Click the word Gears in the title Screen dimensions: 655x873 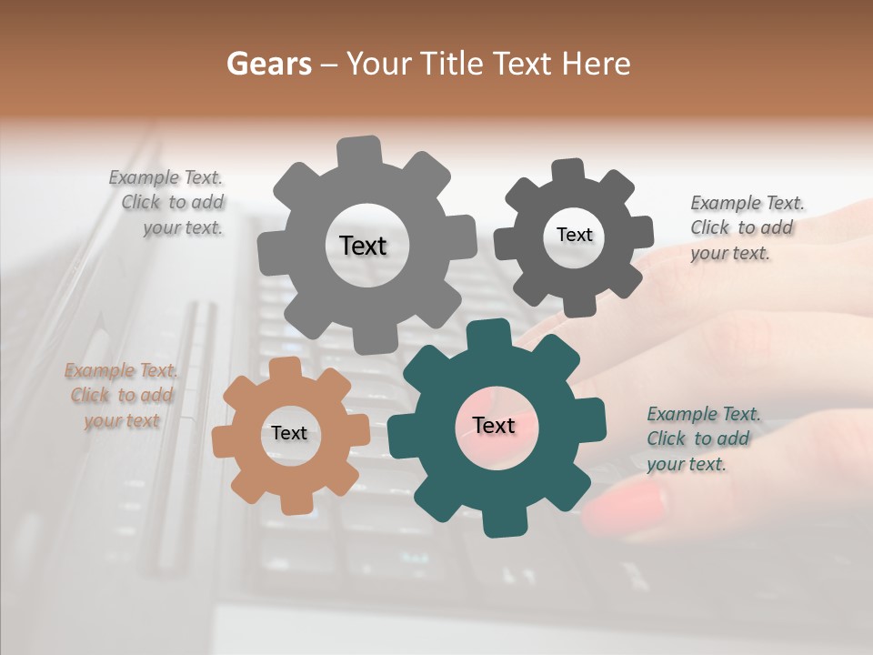(268, 64)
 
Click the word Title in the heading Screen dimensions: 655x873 (451, 64)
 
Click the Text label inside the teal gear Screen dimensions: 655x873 (494, 426)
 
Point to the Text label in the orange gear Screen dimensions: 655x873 (289, 434)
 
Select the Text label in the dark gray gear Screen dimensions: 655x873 (574, 235)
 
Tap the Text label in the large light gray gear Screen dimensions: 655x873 (363, 246)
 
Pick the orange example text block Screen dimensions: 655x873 (121, 396)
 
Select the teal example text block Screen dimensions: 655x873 (702, 439)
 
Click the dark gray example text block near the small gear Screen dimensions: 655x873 (746, 228)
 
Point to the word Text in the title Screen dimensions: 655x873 (522, 64)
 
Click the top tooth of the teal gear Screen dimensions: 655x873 (497, 333)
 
